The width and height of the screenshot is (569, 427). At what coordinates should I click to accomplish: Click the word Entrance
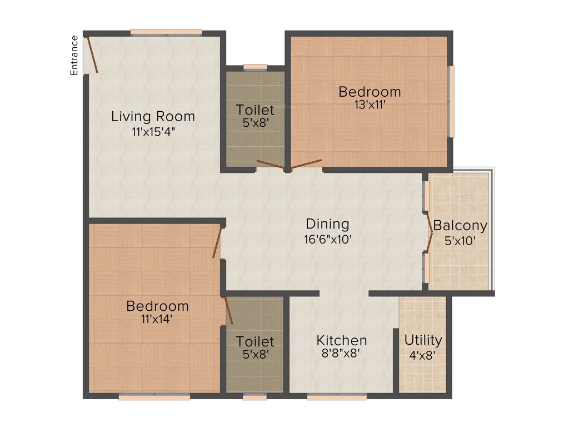point(74,55)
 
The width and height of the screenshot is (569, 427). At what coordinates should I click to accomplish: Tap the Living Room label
point(153,117)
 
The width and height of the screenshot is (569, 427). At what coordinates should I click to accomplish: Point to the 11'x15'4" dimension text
point(153,132)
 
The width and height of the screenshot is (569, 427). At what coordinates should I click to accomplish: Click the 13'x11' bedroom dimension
point(370,105)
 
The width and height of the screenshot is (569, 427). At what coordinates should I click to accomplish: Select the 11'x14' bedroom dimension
point(157,320)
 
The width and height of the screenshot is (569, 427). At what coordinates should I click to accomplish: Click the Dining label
point(328,224)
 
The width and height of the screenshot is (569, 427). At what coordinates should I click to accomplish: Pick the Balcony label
point(460,226)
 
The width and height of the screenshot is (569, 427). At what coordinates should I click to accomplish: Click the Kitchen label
point(342,340)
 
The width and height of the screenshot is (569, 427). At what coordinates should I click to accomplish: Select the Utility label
point(423,340)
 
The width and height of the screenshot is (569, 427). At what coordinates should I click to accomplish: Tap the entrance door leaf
point(92,54)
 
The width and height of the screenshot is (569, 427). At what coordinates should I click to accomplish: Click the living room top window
point(166,32)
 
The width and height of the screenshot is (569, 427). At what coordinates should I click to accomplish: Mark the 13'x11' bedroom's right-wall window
point(451,102)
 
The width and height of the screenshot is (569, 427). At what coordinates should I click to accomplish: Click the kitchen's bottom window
point(337,397)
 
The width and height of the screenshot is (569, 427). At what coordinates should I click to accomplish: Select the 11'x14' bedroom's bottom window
point(154,397)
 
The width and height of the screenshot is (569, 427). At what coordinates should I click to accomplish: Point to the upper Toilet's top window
point(256,67)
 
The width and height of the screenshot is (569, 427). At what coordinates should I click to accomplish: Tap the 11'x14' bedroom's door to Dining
point(218,242)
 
